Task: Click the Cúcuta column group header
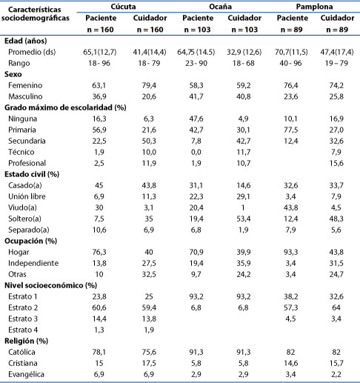pyautogui.click(x=123, y=7)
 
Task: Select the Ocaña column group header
pyautogui.click(x=220, y=7)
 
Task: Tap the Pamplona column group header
pyautogui.click(x=314, y=7)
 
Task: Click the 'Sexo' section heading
pyautogui.click(x=13, y=74)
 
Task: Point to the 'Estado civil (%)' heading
pyautogui.click(x=32, y=174)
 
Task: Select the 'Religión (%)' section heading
pyautogui.click(x=26, y=341)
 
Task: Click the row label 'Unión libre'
pyautogui.click(x=27, y=196)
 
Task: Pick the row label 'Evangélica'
pyautogui.click(x=26, y=374)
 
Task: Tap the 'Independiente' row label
pyautogui.click(x=33, y=263)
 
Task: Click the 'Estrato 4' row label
pyautogui.click(x=23, y=330)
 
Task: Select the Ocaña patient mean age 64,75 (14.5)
pyautogui.click(x=196, y=52)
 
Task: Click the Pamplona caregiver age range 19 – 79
pyautogui.click(x=336, y=63)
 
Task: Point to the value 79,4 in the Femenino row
pyautogui.click(x=149, y=85)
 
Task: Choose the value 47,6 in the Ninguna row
pyautogui.click(x=196, y=119)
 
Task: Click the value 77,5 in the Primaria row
pyautogui.click(x=290, y=130)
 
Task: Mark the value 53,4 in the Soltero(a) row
pyautogui.click(x=244, y=219)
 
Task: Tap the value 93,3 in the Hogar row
pyautogui.click(x=290, y=252)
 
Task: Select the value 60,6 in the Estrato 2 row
pyautogui.click(x=99, y=307)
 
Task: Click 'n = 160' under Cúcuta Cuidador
pyautogui.click(x=150, y=30)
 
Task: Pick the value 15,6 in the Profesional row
pyautogui.click(x=336, y=163)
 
